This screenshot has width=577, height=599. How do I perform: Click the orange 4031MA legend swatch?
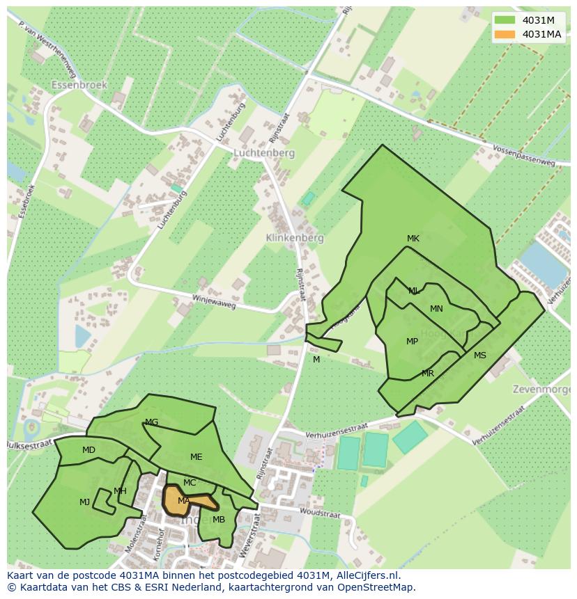pyautogui.click(x=506, y=34)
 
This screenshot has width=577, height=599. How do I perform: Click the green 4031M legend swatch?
pyautogui.click(x=506, y=20)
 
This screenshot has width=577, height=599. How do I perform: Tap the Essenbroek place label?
pyautogui.click(x=79, y=85)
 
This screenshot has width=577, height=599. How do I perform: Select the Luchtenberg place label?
pyautogui.click(x=264, y=153)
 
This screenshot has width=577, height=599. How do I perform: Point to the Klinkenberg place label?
pyautogui.click(x=295, y=238)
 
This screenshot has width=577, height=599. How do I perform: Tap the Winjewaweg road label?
pyautogui.click(x=206, y=301)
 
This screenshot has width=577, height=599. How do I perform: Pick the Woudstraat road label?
pyautogui.click(x=321, y=513)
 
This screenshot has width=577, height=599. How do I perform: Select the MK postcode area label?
pyautogui.click(x=413, y=239)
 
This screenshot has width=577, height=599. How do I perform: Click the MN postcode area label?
pyautogui.click(x=436, y=309)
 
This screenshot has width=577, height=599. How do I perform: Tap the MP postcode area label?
pyautogui.click(x=412, y=342)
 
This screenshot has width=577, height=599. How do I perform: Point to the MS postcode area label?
pyautogui.click(x=480, y=356)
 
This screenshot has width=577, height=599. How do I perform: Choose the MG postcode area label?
pyautogui.click(x=151, y=422)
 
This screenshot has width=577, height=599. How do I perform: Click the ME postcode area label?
pyautogui.click(x=197, y=457)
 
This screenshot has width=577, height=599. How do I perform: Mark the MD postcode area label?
pyautogui.click(x=89, y=450)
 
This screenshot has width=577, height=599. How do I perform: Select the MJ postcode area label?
pyautogui.click(x=84, y=502)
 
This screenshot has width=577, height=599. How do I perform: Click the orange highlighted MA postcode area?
pyautogui.click(x=177, y=500)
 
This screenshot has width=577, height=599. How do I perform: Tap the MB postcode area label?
pyautogui.click(x=219, y=520)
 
